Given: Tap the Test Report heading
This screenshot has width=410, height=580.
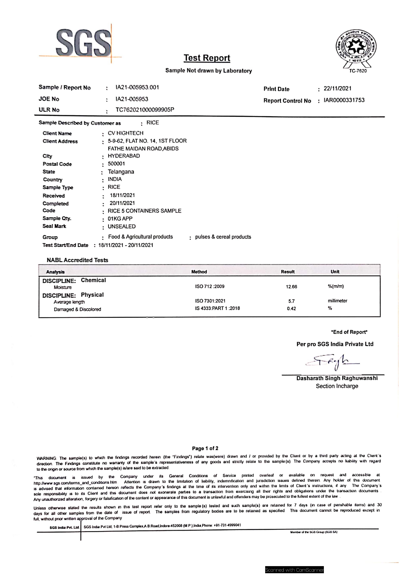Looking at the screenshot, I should (207, 58).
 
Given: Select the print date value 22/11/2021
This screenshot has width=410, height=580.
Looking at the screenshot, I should (337, 88).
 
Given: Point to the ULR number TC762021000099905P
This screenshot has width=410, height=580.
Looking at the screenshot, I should (145, 110).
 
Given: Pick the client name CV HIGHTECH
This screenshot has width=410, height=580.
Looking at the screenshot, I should (125, 133).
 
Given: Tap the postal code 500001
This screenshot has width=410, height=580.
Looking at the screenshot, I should (116, 164).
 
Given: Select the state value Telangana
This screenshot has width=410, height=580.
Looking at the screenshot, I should (121, 172).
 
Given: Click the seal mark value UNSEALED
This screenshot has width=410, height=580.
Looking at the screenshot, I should (122, 227).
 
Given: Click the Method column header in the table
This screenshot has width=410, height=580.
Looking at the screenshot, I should (199, 272).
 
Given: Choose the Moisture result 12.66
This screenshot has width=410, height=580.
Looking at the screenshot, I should (291, 287).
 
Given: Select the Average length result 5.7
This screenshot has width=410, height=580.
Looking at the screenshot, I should (291, 301).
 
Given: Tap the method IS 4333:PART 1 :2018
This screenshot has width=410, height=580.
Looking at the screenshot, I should (217, 308).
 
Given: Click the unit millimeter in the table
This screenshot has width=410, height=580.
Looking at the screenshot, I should (337, 301).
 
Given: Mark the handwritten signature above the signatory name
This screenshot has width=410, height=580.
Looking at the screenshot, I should (332, 363).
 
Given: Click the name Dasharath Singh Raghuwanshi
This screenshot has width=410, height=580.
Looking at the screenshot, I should (337, 378).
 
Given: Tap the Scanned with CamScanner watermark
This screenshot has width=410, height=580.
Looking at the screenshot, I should (294, 570).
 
